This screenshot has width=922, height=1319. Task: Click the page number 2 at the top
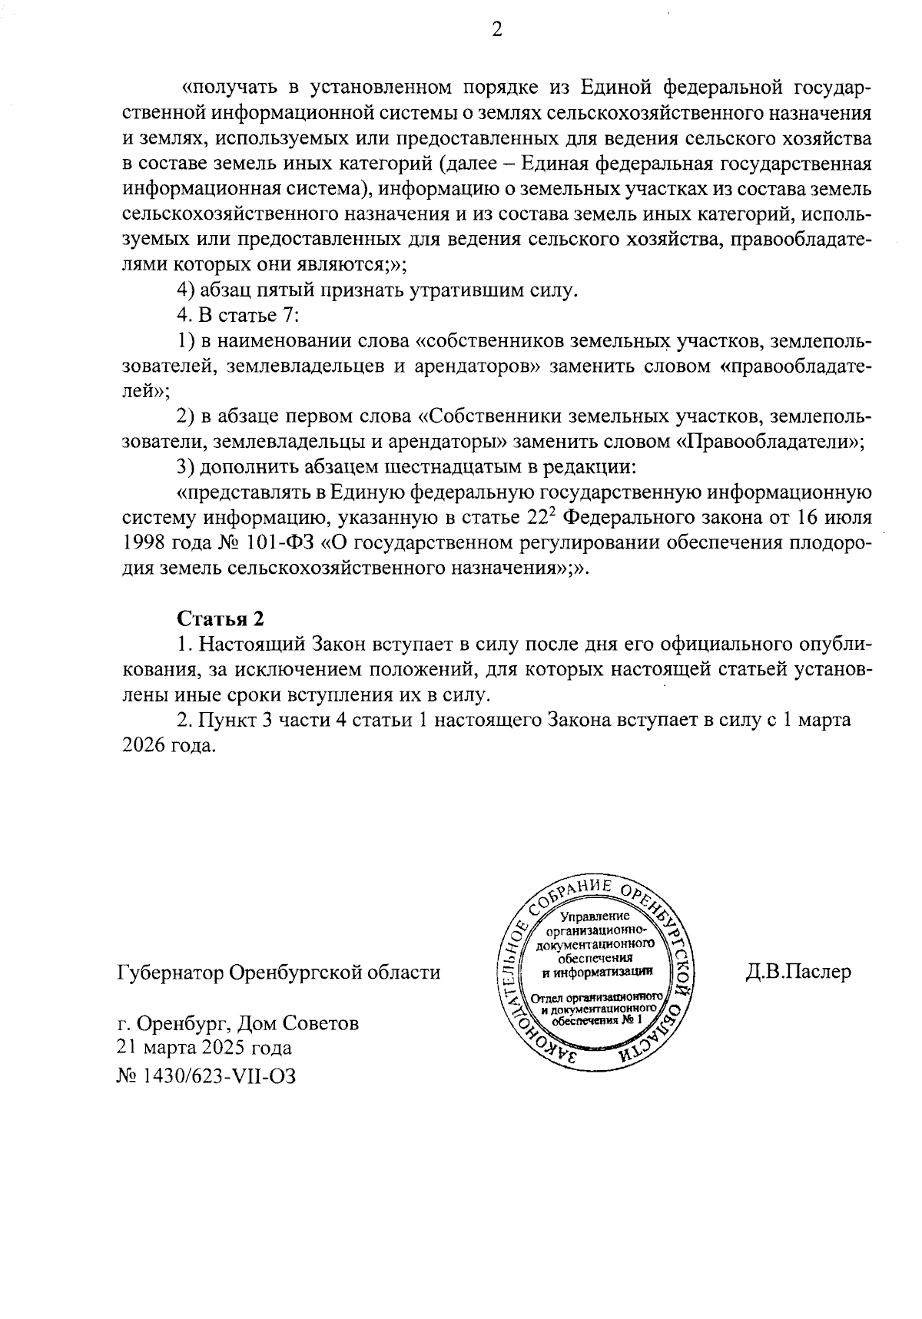497,31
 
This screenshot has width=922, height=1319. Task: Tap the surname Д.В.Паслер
798,972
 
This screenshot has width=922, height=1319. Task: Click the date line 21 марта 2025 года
204,1048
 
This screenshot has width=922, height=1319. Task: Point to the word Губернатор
169,973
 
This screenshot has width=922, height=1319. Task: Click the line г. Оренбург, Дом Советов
237,1022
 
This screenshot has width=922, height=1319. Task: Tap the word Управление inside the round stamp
595,916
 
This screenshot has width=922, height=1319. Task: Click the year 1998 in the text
143,543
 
